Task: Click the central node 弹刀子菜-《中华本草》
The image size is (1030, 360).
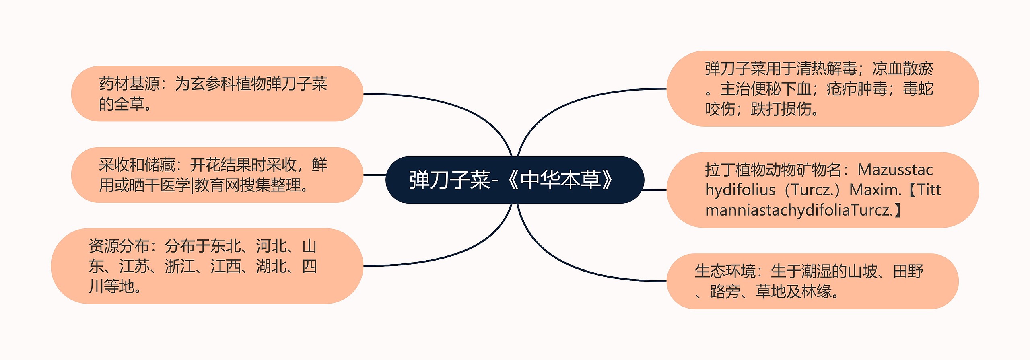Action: [x=514, y=180]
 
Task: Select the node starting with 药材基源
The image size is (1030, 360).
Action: [x=217, y=94]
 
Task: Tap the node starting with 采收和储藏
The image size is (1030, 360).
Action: [x=217, y=175]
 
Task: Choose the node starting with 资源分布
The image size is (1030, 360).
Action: [x=207, y=266]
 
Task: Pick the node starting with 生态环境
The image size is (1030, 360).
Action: [x=812, y=281]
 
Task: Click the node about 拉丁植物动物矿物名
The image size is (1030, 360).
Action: [x=822, y=190]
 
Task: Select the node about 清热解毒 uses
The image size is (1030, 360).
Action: [x=822, y=88]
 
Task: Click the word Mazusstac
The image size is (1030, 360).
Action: [x=895, y=170]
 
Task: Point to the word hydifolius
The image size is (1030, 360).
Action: [x=740, y=190]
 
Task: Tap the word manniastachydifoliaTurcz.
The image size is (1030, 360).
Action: [x=799, y=210]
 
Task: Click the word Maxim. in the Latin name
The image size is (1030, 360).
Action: [x=875, y=190]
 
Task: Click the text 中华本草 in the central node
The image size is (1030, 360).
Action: [x=560, y=180]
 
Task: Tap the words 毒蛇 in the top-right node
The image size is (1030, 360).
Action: [x=918, y=89]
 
